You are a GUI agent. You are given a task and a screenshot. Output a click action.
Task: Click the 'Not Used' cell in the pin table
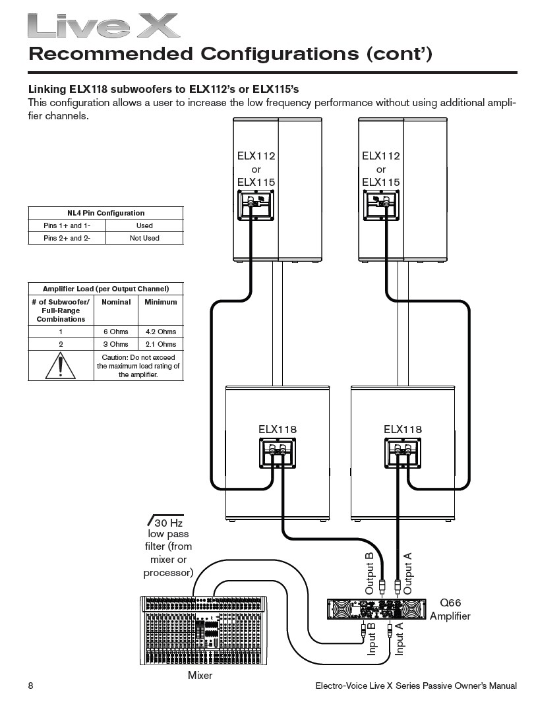[144, 238]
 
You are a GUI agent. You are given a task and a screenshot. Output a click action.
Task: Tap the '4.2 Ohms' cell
[161, 332]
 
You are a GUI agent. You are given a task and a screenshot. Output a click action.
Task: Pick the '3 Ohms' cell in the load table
[115, 344]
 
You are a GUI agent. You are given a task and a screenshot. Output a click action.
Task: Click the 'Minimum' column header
[161, 302]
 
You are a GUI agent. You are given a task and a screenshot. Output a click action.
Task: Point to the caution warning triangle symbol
[61, 365]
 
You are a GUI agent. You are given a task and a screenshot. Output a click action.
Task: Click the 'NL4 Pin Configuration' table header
[105, 213]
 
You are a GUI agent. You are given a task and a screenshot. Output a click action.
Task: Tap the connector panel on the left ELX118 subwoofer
[276, 454]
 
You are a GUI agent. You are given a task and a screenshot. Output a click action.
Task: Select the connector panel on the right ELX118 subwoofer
[402, 454]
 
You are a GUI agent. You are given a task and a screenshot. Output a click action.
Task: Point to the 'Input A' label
[400, 639]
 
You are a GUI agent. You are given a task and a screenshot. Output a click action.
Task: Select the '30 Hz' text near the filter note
[167, 522]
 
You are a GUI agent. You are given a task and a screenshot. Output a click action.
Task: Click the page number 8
[31, 686]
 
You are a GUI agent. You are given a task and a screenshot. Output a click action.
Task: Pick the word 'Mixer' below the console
[200, 675]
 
